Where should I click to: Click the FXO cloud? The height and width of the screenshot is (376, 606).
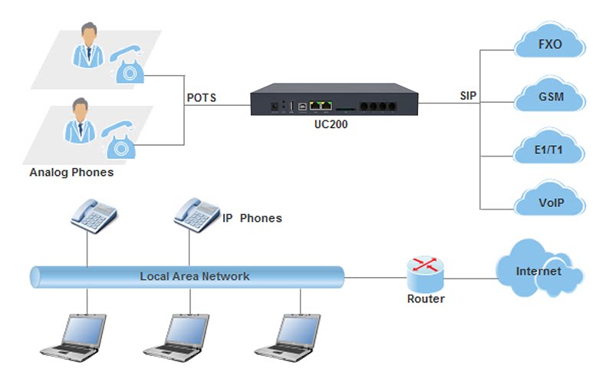pyautogui.click(x=549, y=44)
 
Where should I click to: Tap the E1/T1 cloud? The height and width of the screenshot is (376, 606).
pyautogui.click(x=549, y=150)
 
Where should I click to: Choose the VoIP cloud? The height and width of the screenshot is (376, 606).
pyautogui.click(x=549, y=203)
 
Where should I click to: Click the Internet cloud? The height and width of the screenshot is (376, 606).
pyautogui.click(x=538, y=271)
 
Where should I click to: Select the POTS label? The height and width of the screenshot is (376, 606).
pyautogui.click(x=202, y=97)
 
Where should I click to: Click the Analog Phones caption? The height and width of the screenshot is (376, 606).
pyautogui.click(x=71, y=173)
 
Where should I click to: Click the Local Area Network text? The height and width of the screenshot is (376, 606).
pyautogui.click(x=194, y=276)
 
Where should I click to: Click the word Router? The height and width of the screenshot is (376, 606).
pyautogui.click(x=425, y=299)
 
